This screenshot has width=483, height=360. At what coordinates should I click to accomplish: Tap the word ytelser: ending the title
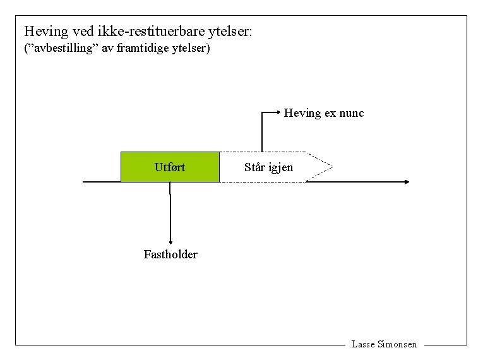pyautogui.click(x=230, y=31)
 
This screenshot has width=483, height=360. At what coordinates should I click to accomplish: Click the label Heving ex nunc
pyautogui.click(x=323, y=113)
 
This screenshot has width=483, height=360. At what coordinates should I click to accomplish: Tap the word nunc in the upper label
pyautogui.click(x=351, y=113)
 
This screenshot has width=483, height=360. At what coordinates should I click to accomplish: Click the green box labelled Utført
pyautogui.click(x=170, y=167)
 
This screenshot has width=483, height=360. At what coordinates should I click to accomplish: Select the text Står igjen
pyautogui.click(x=268, y=167)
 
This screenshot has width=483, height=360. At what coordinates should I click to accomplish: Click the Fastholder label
pyautogui.click(x=170, y=255)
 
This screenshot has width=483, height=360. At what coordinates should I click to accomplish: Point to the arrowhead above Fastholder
pyautogui.click(x=170, y=241)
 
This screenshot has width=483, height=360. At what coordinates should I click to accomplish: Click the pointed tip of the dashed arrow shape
pyautogui.click(x=330, y=167)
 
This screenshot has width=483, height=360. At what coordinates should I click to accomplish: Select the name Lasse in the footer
pyautogui.click(x=362, y=344)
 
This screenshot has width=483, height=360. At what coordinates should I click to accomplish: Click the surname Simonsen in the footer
pyautogui.click(x=397, y=344)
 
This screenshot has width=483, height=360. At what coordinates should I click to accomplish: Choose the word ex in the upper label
pyautogui.click(x=330, y=113)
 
